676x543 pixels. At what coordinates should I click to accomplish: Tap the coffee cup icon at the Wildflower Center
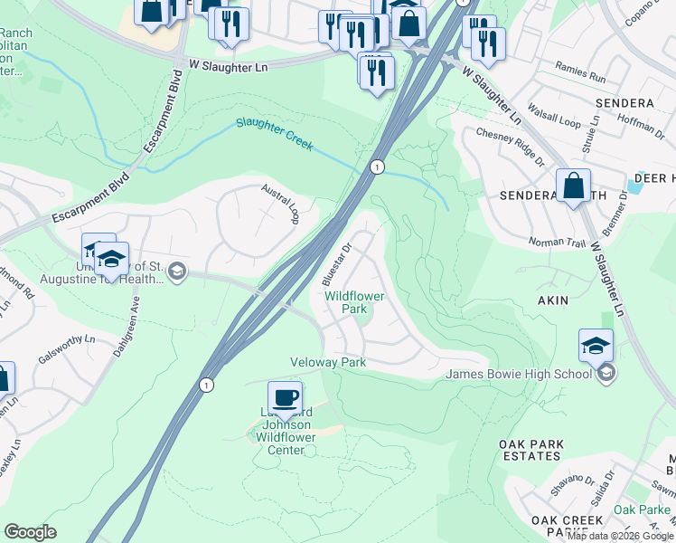point(285,397)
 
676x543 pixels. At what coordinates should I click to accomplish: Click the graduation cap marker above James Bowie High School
point(596,346)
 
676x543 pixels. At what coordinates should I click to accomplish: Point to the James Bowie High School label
point(518,375)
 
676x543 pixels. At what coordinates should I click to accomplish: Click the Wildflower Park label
point(354,302)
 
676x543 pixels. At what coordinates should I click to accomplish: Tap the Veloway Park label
point(327,362)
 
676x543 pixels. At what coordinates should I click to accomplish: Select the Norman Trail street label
point(558,242)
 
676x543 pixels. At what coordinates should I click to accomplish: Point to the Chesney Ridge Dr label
point(511,146)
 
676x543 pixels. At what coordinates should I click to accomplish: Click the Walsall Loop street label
point(557,119)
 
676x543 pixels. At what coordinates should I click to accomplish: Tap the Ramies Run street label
point(580,77)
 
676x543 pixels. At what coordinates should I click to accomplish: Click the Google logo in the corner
point(30,532)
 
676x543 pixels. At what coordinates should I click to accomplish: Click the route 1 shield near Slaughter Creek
point(376,167)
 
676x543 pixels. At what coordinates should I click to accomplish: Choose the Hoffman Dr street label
point(643,129)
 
